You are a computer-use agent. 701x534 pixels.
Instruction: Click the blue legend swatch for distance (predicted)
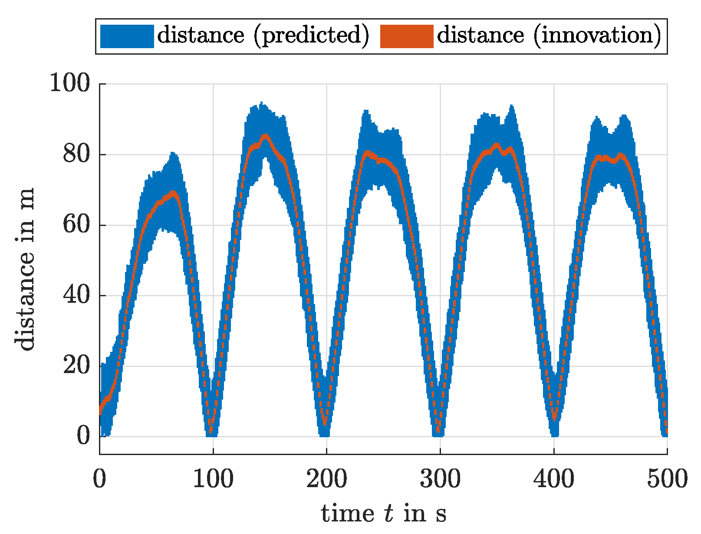(x=127, y=36)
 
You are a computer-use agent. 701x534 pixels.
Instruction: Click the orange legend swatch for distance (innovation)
(x=406, y=36)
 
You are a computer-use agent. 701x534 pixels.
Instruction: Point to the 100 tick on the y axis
(x=70, y=83)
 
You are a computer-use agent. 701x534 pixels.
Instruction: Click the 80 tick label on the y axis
(x=76, y=154)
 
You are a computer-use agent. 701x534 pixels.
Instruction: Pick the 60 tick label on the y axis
(x=76, y=225)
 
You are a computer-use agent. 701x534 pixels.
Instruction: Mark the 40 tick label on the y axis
(x=76, y=296)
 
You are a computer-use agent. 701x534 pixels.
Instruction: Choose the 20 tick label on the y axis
(x=76, y=366)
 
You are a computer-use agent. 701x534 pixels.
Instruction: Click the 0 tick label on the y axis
(x=83, y=436)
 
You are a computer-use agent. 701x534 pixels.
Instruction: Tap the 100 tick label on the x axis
(x=213, y=479)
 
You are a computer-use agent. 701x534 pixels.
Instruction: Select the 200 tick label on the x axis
(x=326, y=479)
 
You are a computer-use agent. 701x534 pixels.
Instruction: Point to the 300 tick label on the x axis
(x=440, y=479)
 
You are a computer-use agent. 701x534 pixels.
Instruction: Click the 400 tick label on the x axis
(x=554, y=479)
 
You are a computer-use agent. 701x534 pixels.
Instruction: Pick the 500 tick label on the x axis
(x=667, y=479)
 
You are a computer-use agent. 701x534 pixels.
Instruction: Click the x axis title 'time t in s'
(x=383, y=514)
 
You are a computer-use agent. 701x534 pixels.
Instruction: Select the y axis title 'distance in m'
(x=25, y=269)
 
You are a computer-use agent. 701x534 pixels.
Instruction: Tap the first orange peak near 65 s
(x=174, y=192)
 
